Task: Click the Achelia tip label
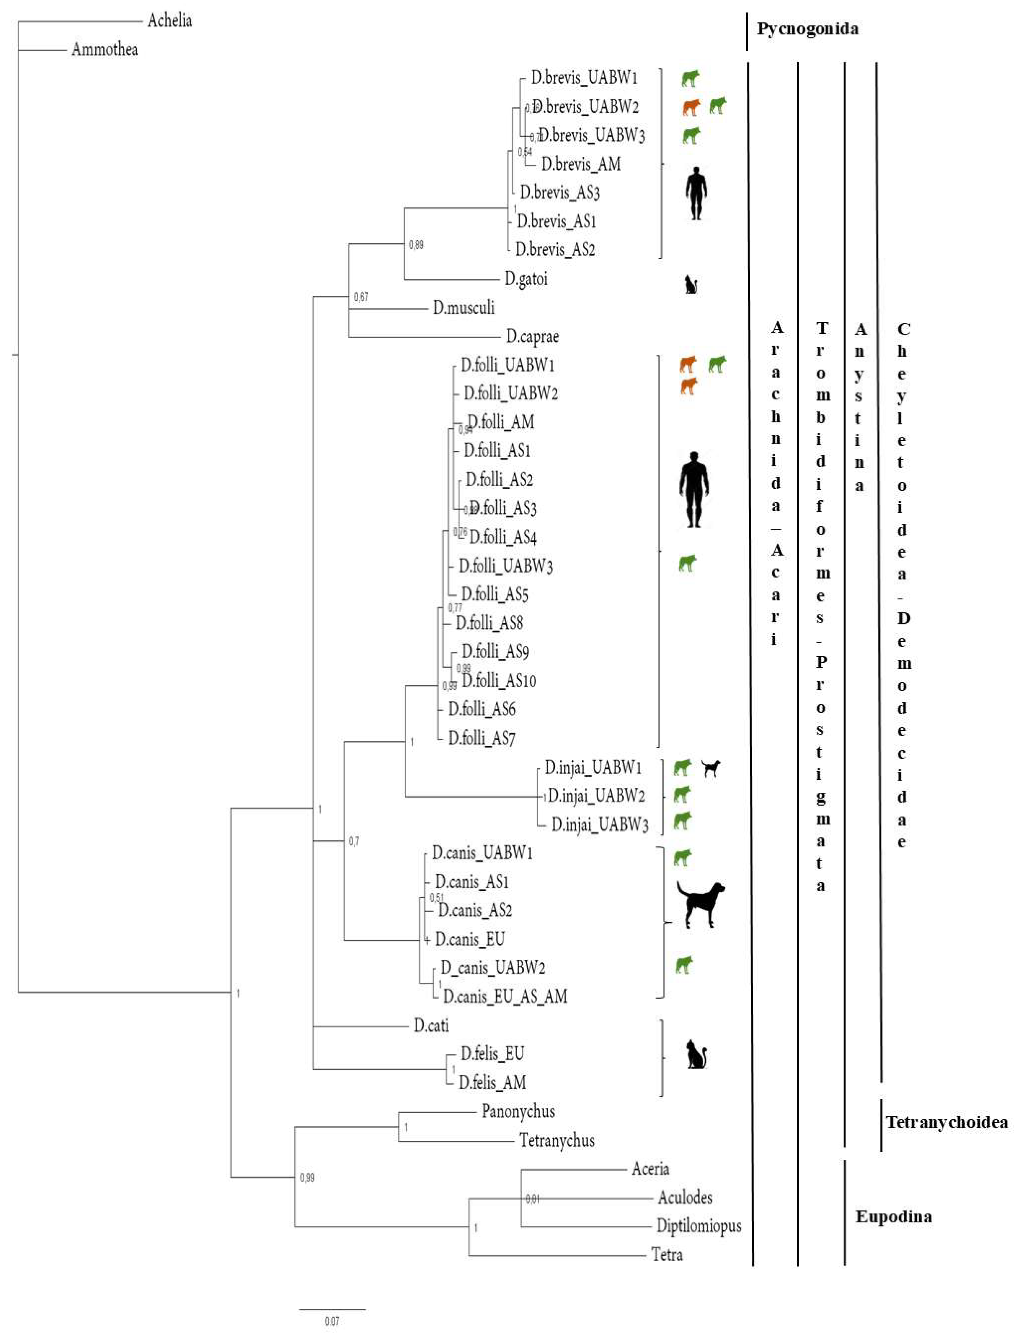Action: [170, 21]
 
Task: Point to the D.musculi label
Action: [463, 308]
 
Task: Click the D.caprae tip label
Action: [532, 336]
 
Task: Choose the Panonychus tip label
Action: [518, 1111]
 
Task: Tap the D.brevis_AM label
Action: [581, 164]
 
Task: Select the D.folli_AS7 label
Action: [482, 738]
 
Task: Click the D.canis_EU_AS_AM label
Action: [505, 996]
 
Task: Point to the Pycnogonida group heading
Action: [807, 29]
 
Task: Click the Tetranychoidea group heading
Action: [946, 1123]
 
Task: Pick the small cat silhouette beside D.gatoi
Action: [691, 284]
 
